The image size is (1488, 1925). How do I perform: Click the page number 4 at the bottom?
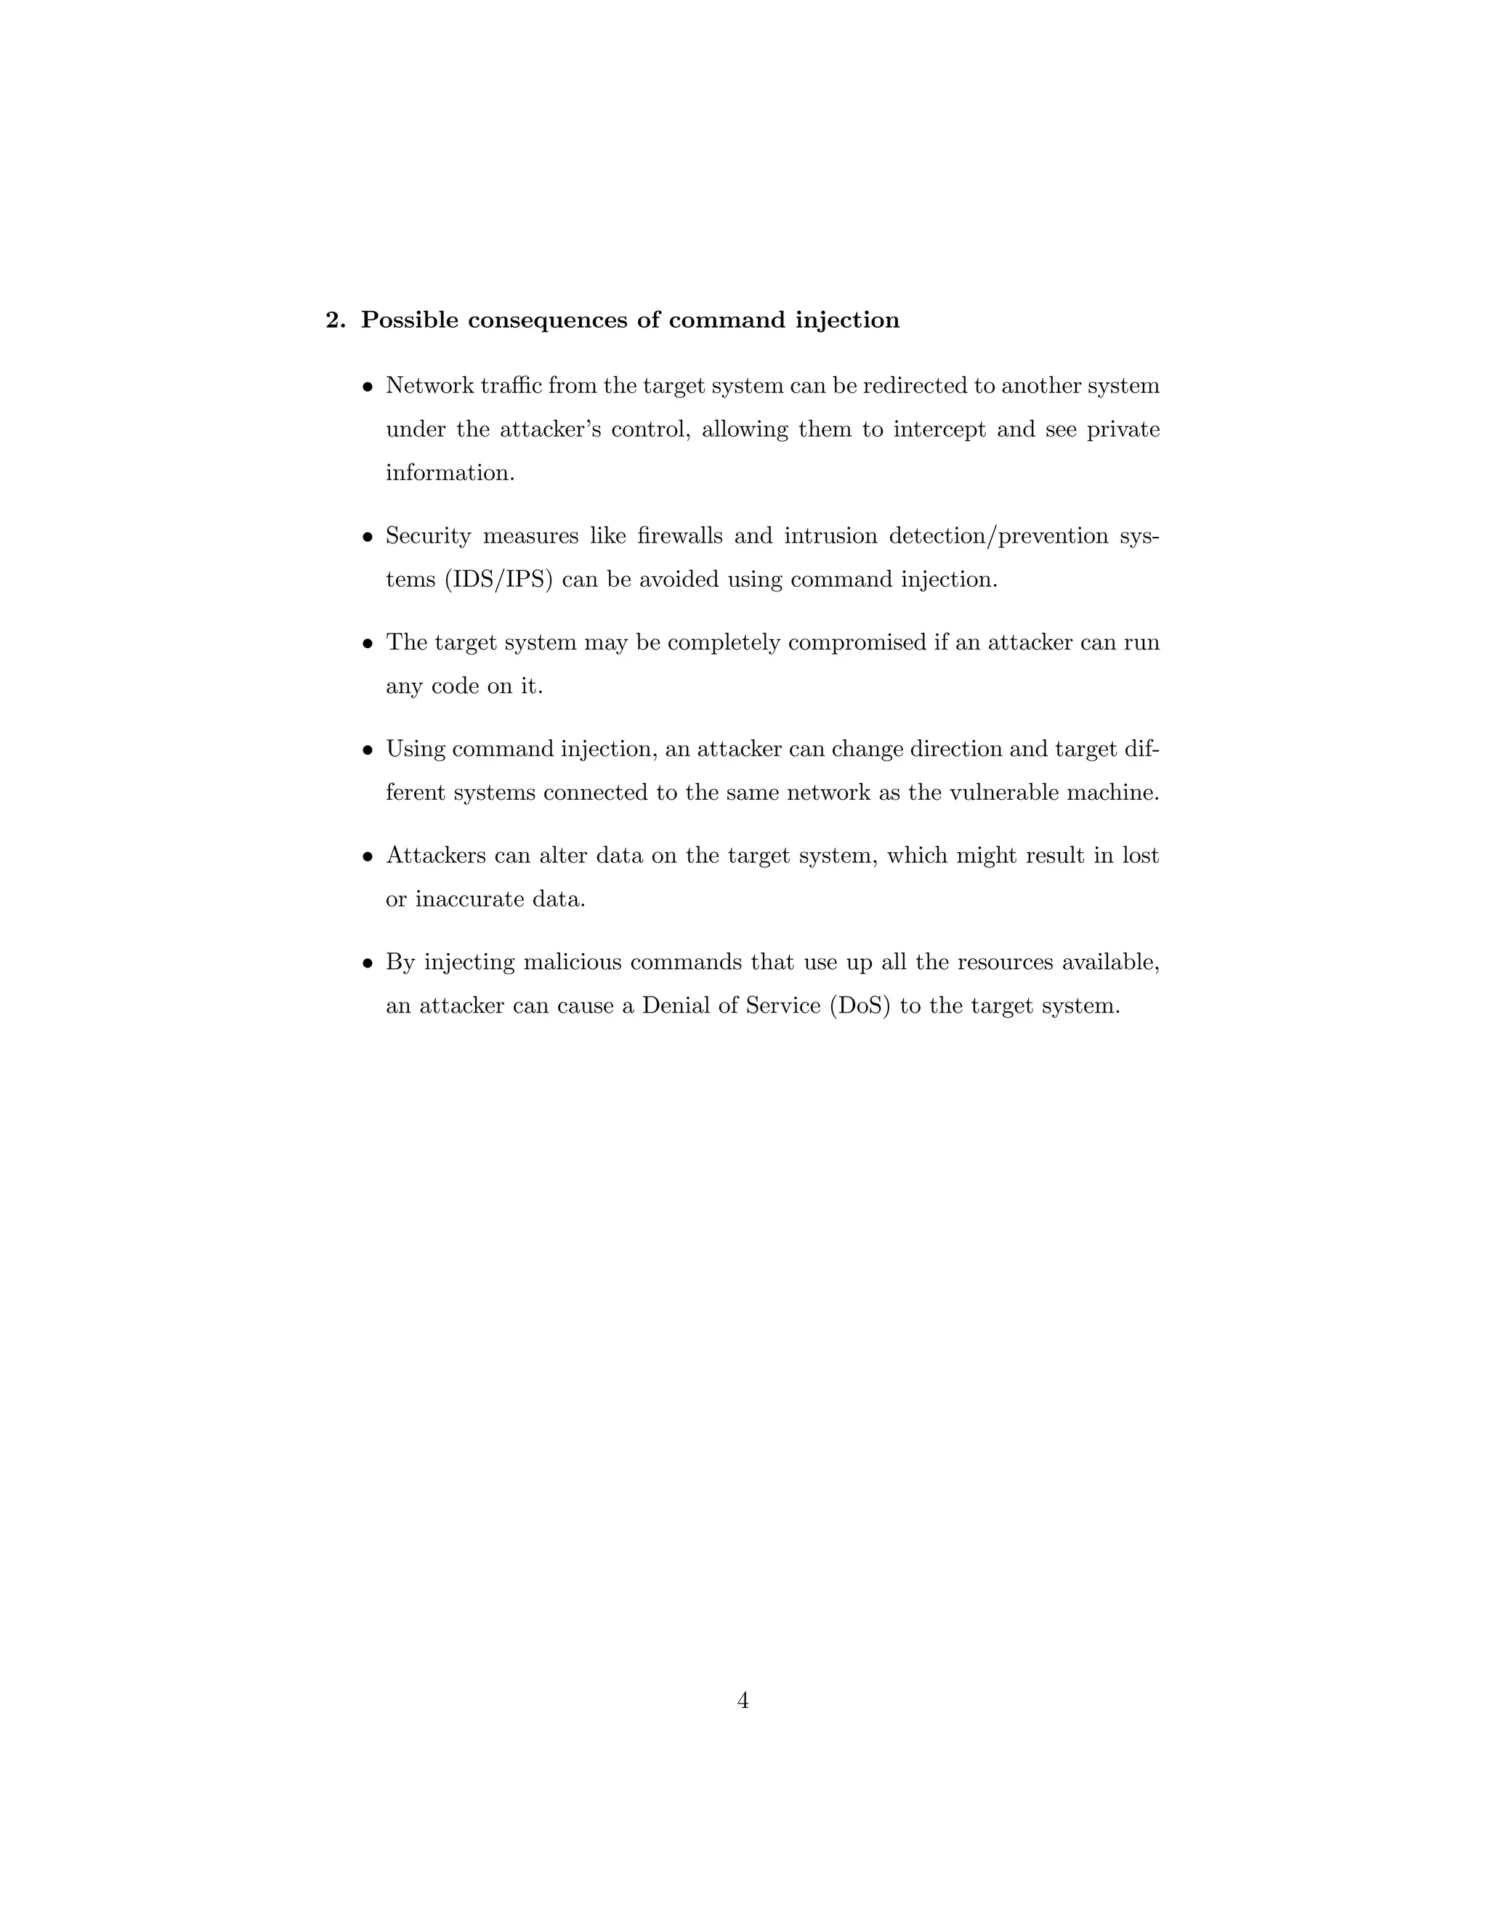pyautogui.click(x=743, y=1701)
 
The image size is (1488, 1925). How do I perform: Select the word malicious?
pyautogui.click(x=572, y=962)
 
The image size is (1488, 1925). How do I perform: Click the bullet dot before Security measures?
pyautogui.click(x=368, y=537)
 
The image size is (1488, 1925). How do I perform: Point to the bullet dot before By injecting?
pyautogui.click(x=368, y=963)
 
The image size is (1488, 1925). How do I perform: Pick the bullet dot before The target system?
pyautogui.click(x=368, y=644)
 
